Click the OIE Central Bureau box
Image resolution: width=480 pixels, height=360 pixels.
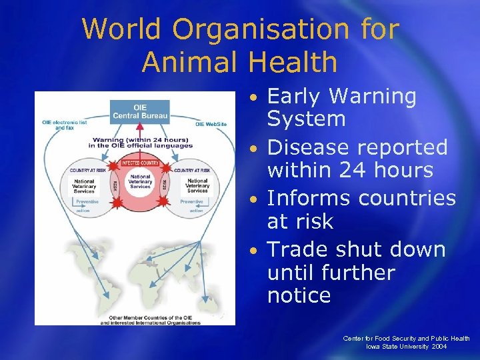click(x=141, y=111)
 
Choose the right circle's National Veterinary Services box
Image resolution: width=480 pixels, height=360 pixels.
click(x=197, y=185)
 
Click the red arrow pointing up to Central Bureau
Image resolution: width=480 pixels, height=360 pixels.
click(x=141, y=133)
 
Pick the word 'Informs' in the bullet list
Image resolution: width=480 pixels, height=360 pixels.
click(x=309, y=198)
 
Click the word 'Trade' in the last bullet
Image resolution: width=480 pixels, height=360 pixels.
click(x=299, y=249)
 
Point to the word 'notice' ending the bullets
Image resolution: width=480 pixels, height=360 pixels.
click(x=299, y=295)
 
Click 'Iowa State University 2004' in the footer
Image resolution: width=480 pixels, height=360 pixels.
click(x=406, y=347)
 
